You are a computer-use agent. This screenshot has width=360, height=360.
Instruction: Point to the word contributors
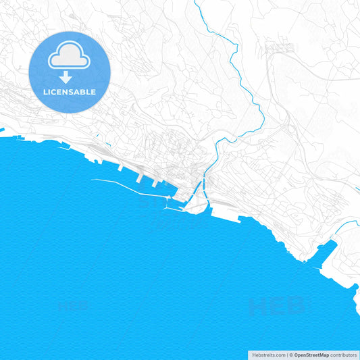pyautogui.click(x=344, y=355)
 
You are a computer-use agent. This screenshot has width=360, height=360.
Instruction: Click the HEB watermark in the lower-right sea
pyautogui.click(x=276, y=307)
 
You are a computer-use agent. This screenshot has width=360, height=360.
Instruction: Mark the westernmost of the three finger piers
pyautogui.click(x=120, y=168)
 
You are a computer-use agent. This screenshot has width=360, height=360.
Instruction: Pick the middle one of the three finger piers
pyautogui.click(x=140, y=177)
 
